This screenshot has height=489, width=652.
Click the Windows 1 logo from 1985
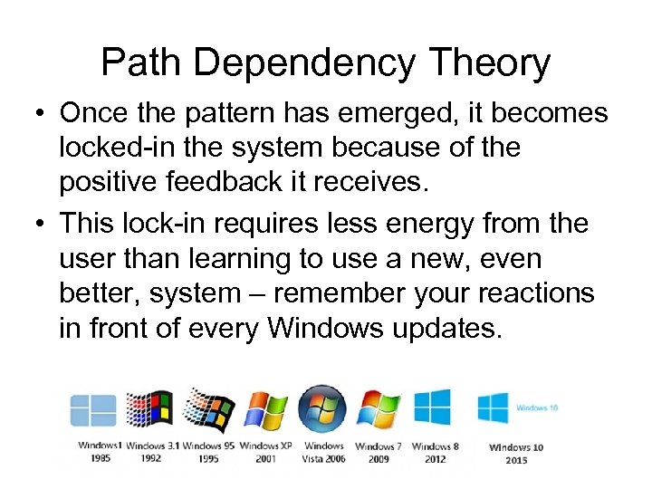pos(94,410)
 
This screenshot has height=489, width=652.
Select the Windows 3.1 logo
pos(149,409)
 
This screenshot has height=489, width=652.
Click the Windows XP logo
pos(265,410)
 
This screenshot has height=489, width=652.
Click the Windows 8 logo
pos(433,407)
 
